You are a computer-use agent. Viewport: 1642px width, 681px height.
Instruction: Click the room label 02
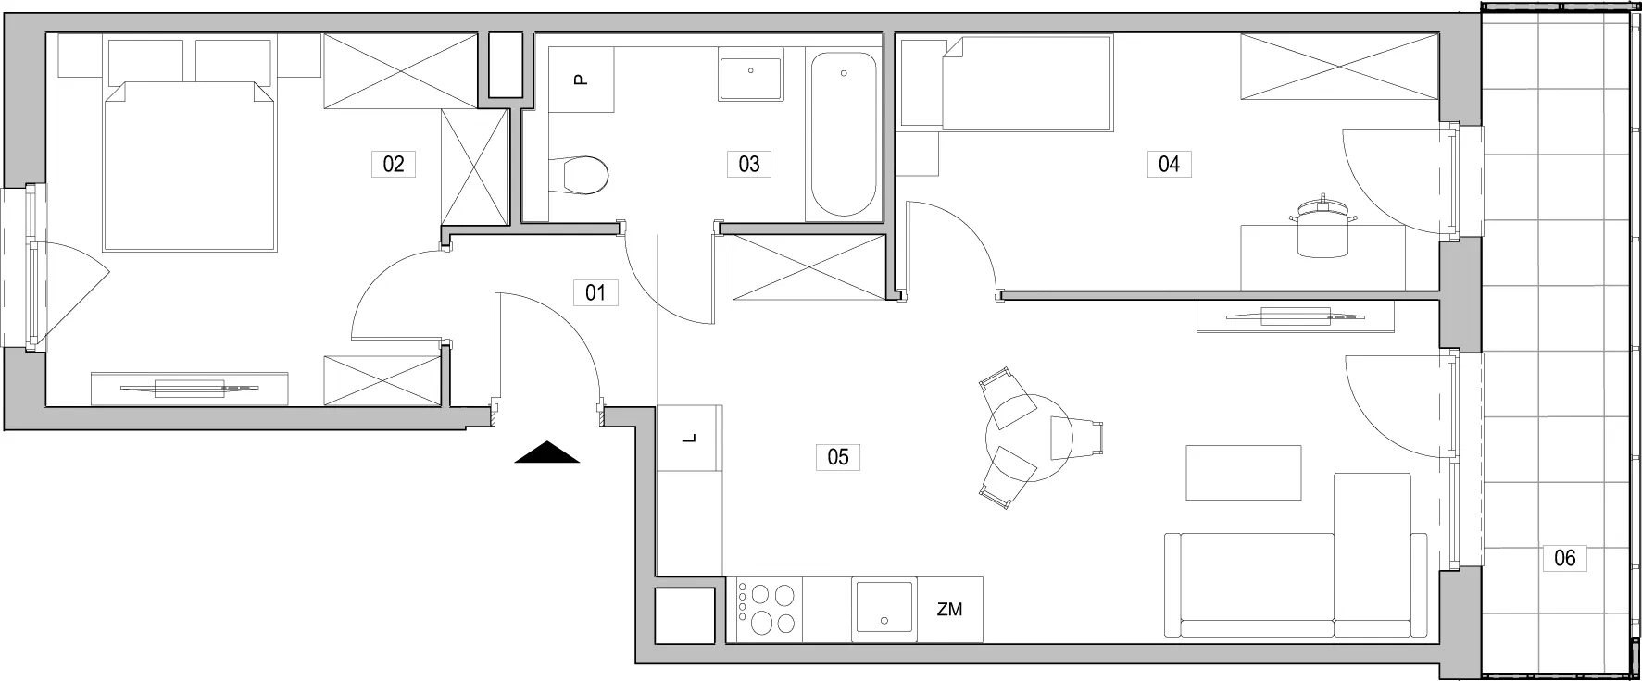(x=394, y=165)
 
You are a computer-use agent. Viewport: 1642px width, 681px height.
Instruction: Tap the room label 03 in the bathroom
(x=749, y=165)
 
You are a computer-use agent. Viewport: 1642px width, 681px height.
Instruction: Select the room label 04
(x=1169, y=165)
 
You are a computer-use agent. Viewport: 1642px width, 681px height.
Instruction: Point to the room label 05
(x=838, y=457)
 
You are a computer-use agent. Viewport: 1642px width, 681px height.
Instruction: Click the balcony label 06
(x=1564, y=558)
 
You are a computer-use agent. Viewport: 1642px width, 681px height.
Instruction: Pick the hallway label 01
(x=595, y=293)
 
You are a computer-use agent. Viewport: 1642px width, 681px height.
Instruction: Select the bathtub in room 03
(x=843, y=135)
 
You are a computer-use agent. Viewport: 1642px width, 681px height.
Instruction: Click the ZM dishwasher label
(x=949, y=610)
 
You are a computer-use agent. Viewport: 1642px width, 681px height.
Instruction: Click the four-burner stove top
(x=770, y=609)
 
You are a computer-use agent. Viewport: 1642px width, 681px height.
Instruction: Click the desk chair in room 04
(x=1322, y=229)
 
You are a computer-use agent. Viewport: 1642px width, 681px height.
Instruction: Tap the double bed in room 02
(x=191, y=167)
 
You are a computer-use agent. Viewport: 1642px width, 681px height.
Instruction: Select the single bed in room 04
(x=1006, y=82)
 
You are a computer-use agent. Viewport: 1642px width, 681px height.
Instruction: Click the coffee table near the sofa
(x=1245, y=473)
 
